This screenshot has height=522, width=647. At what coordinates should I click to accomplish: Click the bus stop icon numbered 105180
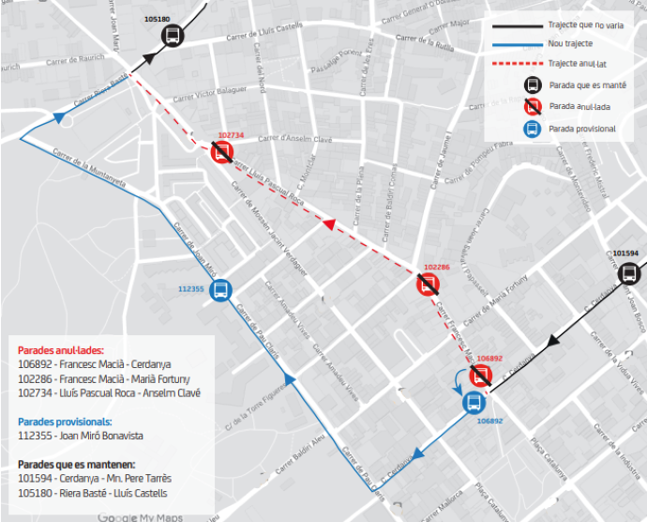172,36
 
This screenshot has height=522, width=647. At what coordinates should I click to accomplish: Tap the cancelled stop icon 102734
222,152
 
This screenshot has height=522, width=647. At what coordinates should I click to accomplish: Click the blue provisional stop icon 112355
221,289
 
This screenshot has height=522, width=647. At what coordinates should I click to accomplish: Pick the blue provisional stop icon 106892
474,403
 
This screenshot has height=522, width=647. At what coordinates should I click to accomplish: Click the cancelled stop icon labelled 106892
482,376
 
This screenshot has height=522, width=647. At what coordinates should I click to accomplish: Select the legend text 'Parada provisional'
582,129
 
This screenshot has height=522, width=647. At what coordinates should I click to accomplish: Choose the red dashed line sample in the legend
515,64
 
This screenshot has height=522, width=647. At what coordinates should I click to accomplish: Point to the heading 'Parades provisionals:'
66,422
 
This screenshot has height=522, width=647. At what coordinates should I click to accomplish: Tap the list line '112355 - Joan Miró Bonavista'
81,436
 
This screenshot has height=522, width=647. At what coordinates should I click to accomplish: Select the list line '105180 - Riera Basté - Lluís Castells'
93,493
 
